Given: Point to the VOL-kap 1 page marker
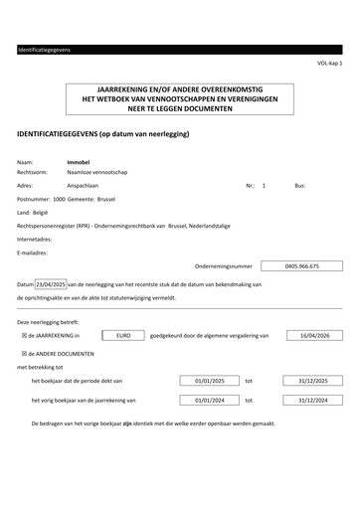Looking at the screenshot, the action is (x=329, y=63).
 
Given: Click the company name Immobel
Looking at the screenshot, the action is (x=78, y=161).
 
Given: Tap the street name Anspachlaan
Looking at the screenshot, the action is (x=83, y=186).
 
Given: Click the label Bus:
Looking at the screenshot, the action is (x=300, y=186).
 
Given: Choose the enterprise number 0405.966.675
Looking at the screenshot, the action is (x=301, y=266).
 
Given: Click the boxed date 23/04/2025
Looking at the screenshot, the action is (x=51, y=284).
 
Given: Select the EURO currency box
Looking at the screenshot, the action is (x=123, y=336).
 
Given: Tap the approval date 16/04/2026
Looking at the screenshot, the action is (x=314, y=336).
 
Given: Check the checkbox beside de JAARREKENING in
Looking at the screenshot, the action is (x=24, y=336).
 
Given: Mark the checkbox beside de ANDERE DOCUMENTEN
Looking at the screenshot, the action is (x=24, y=353).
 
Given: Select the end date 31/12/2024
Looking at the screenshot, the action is (x=314, y=400).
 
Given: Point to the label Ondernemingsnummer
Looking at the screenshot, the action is (x=225, y=266).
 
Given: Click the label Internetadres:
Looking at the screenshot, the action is (x=35, y=240).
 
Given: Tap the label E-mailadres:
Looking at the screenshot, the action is (x=33, y=254).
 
